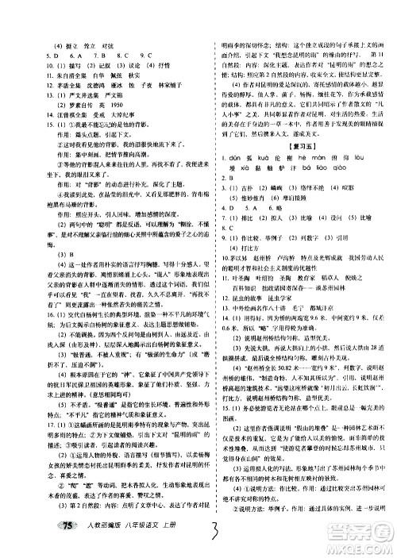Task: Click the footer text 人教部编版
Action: click(x=82, y=543)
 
